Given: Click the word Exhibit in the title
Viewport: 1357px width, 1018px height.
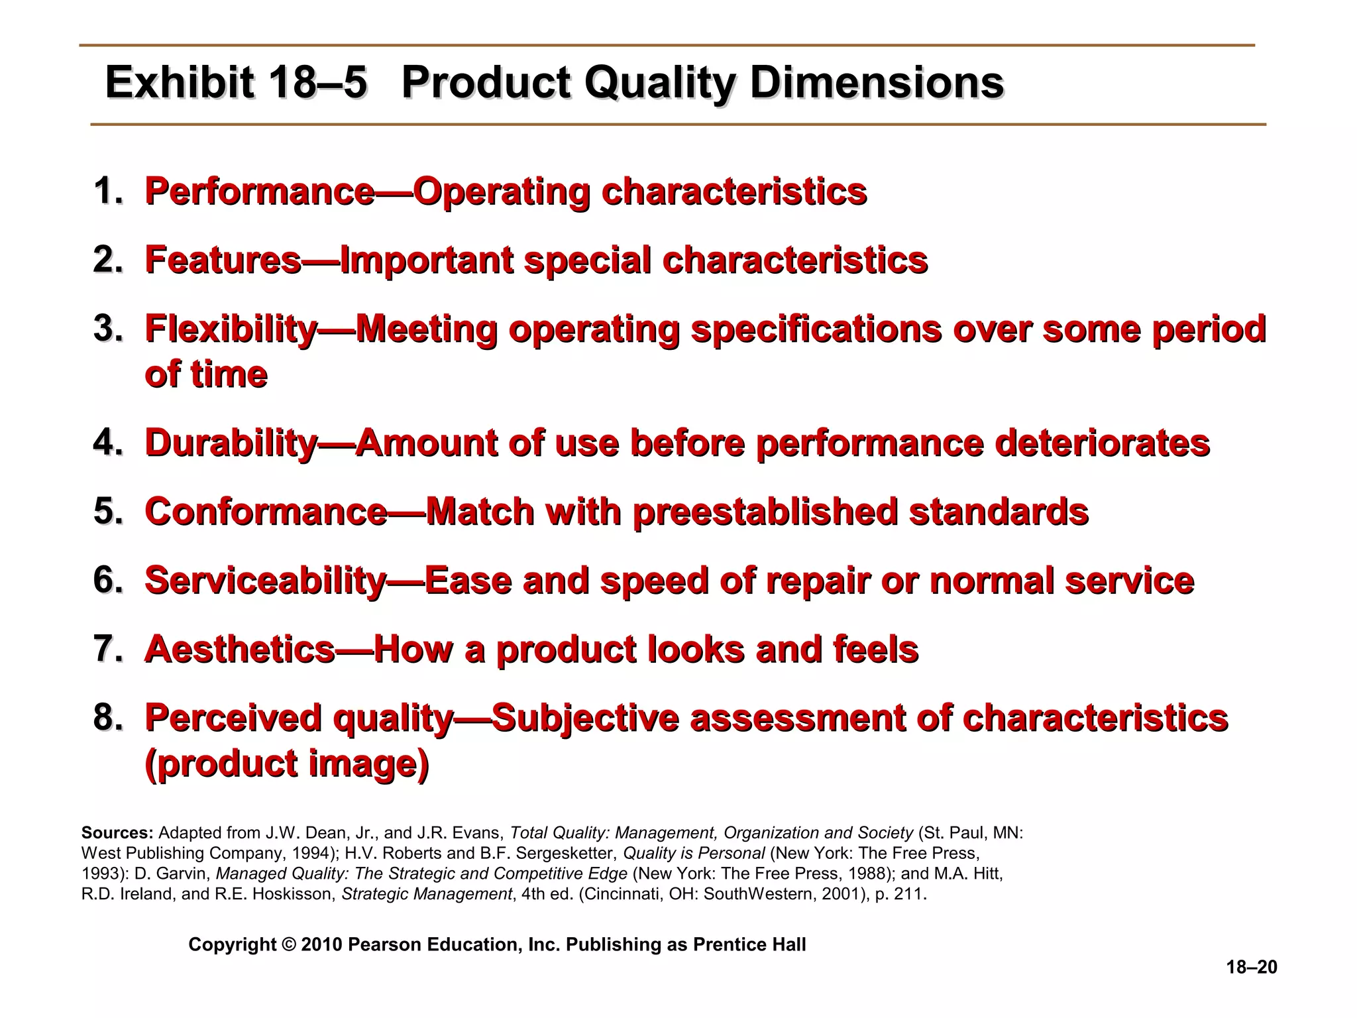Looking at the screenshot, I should [178, 83].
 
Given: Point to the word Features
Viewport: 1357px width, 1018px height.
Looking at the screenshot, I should [223, 260].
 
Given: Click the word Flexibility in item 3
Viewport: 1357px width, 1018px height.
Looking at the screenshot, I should [231, 329].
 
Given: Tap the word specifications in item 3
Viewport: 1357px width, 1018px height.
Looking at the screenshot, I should [815, 329].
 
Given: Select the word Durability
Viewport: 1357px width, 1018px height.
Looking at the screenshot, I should [231, 443].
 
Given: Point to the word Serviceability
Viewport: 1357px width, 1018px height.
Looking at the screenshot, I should [264, 581].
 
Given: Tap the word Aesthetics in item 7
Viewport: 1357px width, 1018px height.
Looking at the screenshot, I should [239, 649].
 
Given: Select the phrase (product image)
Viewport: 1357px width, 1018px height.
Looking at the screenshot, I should [286, 764].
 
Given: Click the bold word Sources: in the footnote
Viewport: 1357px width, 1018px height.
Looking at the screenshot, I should [117, 833].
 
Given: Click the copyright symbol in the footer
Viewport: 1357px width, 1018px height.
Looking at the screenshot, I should [288, 944].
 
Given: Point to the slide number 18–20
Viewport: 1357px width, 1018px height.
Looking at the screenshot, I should [1251, 968].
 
